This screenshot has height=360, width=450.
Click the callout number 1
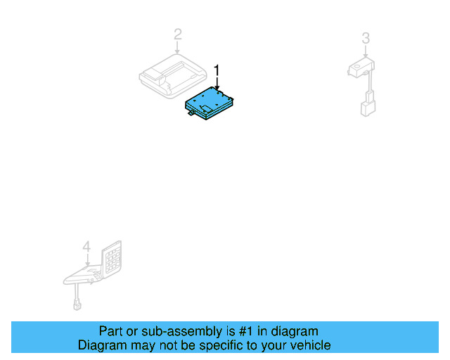(217, 70)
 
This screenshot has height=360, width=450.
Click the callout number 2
(178, 34)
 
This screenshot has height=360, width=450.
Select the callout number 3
(365, 37)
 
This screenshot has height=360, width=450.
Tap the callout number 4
(86, 247)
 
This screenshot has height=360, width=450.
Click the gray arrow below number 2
(178, 47)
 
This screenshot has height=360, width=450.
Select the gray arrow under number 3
(365, 51)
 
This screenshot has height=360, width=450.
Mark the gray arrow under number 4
(86, 259)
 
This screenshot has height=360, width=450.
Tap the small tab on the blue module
(191, 116)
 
